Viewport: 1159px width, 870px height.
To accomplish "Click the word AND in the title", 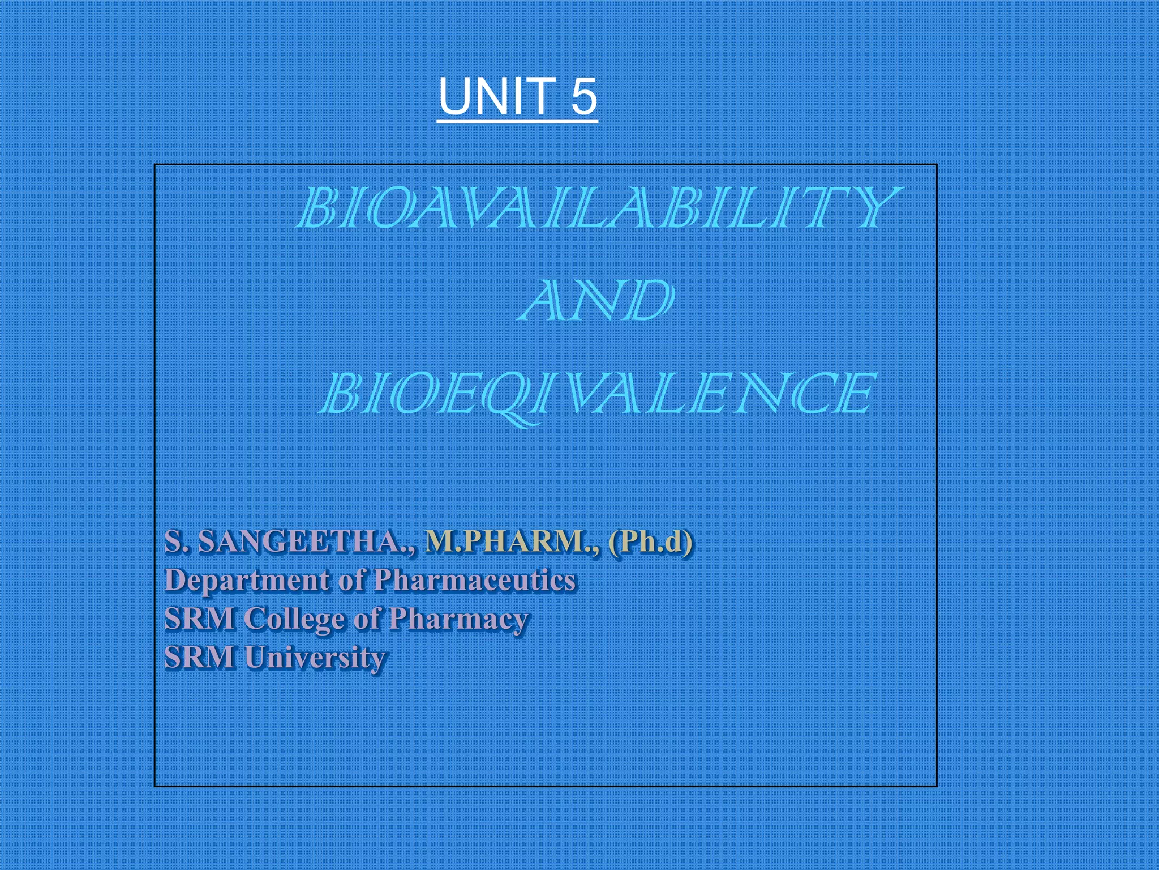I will pyautogui.click(x=595, y=300).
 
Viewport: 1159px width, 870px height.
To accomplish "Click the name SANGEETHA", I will pyautogui.click(x=306, y=542).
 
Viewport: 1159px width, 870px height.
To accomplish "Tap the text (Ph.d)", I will pyautogui.click(x=651, y=542).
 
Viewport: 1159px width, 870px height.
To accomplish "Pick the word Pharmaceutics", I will pyautogui.click(x=475, y=581).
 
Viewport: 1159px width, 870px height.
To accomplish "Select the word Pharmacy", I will pyautogui.click(x=458, y=619).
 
